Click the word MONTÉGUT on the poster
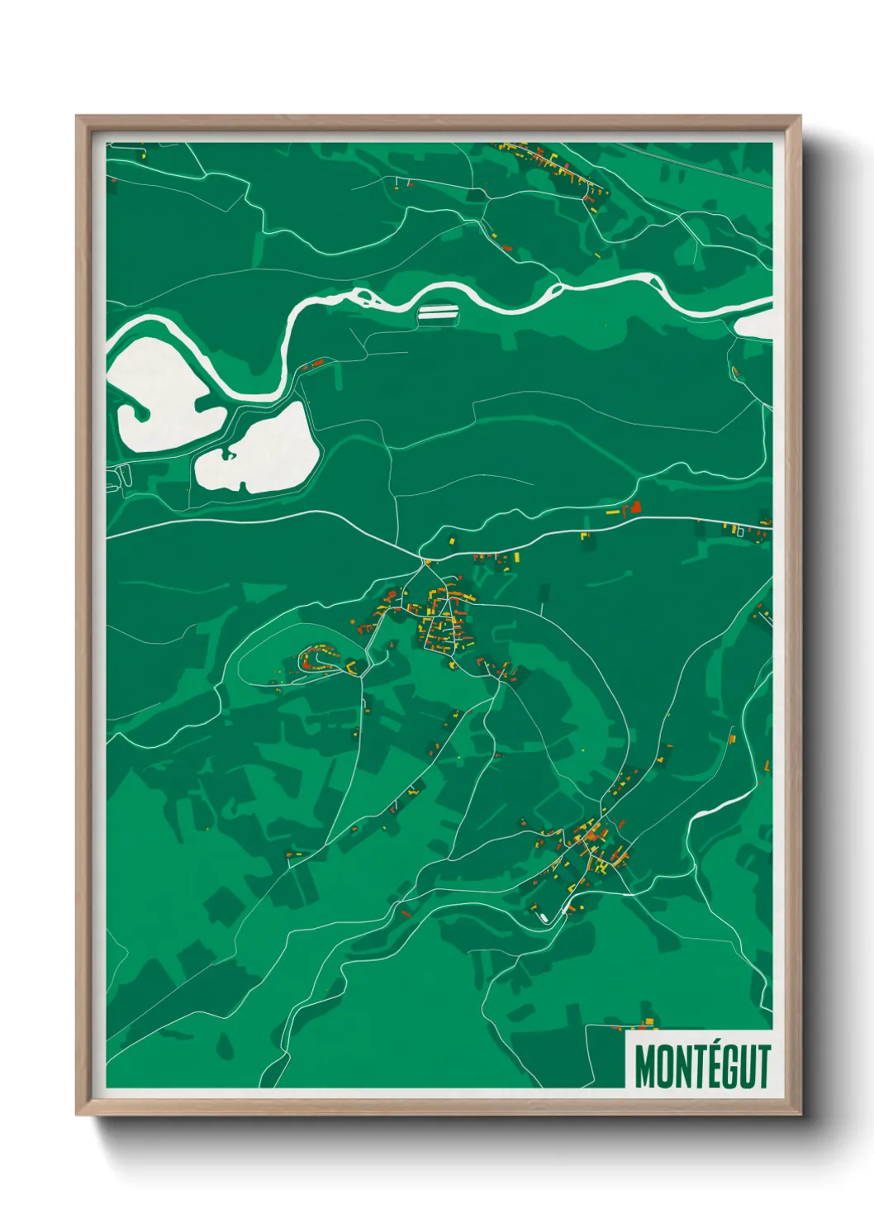pyautogui.click(x=702, y=1066)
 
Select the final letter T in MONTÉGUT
pyautogui.click(x=763, y=1067)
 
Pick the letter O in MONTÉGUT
pyautogui.click(x=664, y=1067)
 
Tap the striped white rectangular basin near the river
pyautogui.click(x=438, y=312)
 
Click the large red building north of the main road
pyautogui.click(x=635, y=507)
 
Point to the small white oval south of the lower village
pyautogui.click(x=543, y=918)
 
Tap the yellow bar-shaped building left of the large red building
pyautogui.click(x=613, y=513)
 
